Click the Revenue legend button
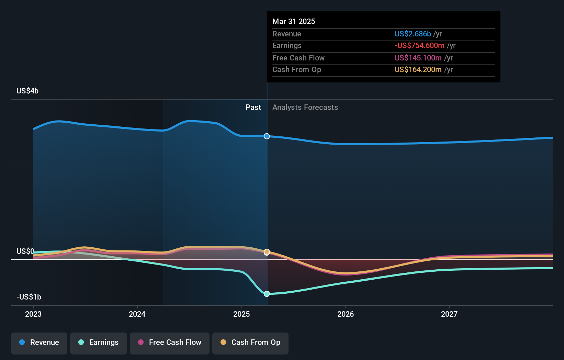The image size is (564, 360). point(39,342)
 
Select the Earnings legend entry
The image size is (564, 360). point(99,342)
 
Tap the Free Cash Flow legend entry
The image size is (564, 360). point(170,342)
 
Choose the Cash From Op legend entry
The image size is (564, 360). point(250,342)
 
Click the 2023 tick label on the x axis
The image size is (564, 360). point(33,314)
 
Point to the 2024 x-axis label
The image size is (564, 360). point(137,314)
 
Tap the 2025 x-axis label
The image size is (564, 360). point(241,314)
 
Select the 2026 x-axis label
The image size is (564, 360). point(346,314)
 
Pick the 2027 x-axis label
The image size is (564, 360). point(449,314)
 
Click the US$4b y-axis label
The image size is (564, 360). point(27,91)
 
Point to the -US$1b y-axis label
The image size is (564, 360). point(29,297)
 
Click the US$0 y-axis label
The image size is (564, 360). point(25,251)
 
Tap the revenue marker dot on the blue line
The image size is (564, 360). point(267,136)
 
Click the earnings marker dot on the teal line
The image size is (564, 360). point(267,294)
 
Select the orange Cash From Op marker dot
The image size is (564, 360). point(267,252)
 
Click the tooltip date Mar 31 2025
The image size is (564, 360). point(294,22)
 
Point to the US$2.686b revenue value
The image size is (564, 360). point(413,34)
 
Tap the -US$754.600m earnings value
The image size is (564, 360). point(419,46)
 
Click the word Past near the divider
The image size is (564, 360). point(253,108)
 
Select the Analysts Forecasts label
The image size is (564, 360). point(305,108)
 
